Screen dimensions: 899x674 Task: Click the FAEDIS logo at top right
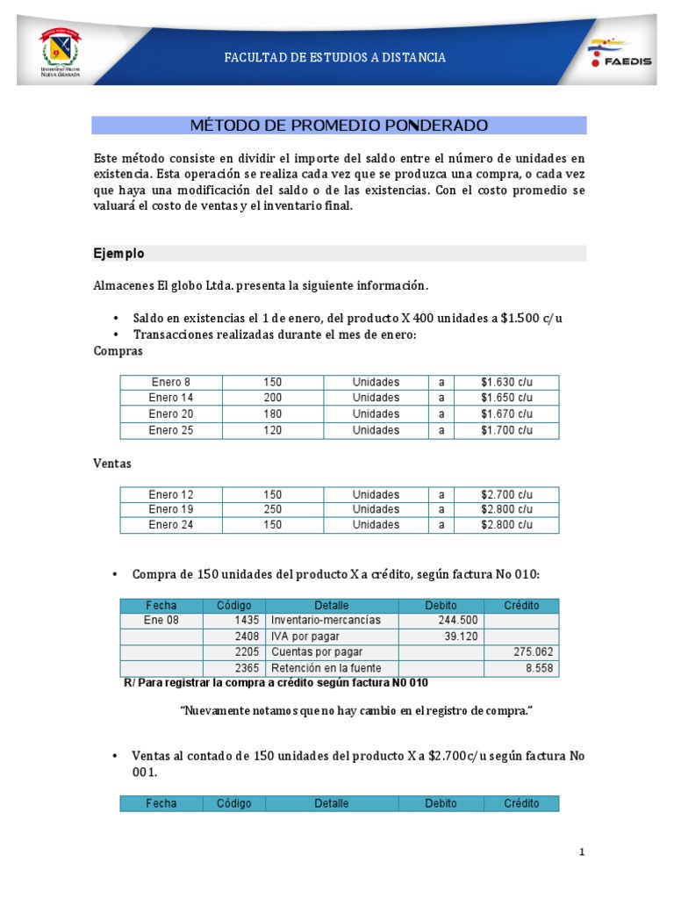tap(619, 54)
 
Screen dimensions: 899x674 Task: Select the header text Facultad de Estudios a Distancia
tap(335, 58)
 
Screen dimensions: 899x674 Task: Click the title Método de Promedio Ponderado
tap(339, 126)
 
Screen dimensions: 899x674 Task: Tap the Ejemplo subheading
tap(118, 254)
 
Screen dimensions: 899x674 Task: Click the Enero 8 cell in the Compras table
tap(170, 383)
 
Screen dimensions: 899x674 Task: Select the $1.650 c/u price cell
tap(506, 398)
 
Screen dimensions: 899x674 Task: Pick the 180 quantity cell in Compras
tap(272, 414)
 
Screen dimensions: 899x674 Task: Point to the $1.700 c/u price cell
tap(506, 430)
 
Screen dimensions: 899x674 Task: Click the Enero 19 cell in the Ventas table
tap(170, 509)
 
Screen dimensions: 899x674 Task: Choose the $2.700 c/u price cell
tap(506, 494)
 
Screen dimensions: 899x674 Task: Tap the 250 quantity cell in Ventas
tap(272, 509)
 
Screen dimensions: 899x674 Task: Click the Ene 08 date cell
tap(161, 620)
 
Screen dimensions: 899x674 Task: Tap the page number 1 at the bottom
tap(581, 852)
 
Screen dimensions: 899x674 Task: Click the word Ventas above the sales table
tap(112, 464)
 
